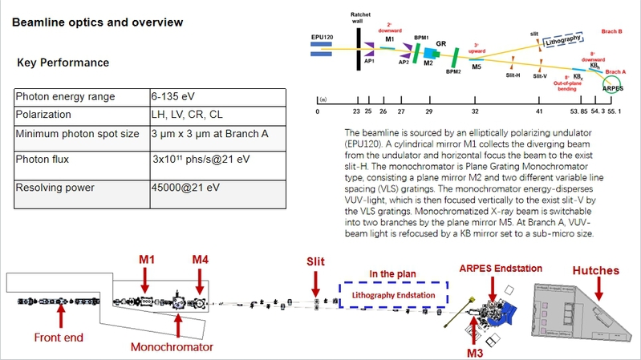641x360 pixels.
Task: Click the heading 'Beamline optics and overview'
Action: point(97,22)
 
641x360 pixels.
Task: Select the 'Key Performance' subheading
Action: point(63,63)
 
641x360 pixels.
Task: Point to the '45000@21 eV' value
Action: point(184,188)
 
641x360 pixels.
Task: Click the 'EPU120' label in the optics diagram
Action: point(323,38)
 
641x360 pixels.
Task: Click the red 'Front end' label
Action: point(59,338)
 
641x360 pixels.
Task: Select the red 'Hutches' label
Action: point(594,271)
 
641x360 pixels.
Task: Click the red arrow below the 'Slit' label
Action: point(315,287)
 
